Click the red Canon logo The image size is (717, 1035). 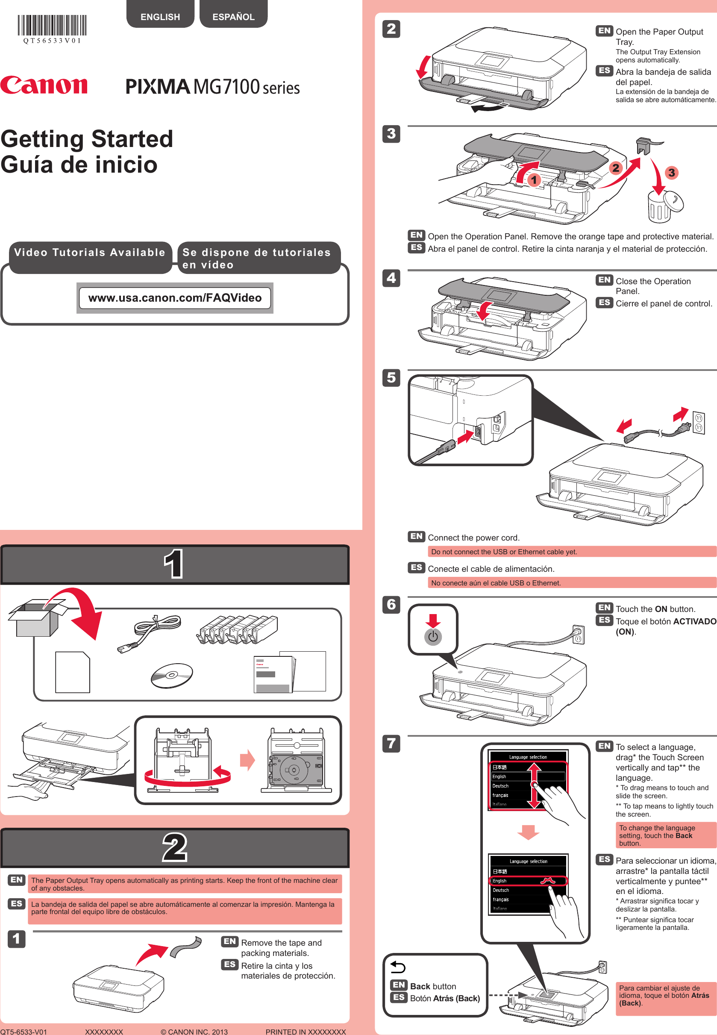pyautogui.click(x=44, y=85)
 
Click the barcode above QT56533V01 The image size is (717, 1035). pyautogui.click(x=52, y=25)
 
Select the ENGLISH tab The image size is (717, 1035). pyautogui.click(x=160, y=17)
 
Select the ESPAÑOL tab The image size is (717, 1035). pyautogui.click(x=233, y=17)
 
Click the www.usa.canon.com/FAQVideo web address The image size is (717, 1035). pyautogui.click(x=175, y=298)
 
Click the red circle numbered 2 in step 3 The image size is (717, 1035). pyautogui.click(x=615, y=168)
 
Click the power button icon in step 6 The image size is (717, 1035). pyautogui.click(x=432, y=637)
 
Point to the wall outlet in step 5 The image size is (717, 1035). pyautogui.click(x=699, y=423)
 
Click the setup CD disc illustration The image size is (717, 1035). pyautogui.click(x=172, y=675)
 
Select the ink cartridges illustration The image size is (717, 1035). pyautogui.click(x=237, y=629)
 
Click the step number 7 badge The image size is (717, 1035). pyautogui.click(x=391, y=744)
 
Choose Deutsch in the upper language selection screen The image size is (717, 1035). pyautogui.click(x=500, y=786)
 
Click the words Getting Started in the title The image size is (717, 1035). pyautogui.click(x=87, y=139)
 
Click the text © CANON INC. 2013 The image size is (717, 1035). pyautogui.click(x=194, y=1032)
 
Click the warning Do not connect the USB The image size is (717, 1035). pyautogui.click(x=504, y=552)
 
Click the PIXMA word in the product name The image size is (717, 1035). pyautogui.click(x=158, y=86)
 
